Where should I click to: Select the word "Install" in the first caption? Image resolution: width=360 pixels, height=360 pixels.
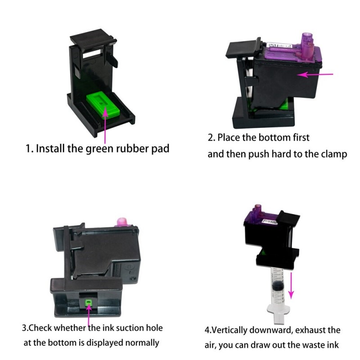click(50, 148)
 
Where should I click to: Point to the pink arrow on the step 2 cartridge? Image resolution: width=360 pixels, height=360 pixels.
click(315, 74)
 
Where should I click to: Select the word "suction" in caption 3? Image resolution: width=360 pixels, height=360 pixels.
click(128, 328)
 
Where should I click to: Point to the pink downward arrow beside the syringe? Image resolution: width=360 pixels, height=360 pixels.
click(291, 285)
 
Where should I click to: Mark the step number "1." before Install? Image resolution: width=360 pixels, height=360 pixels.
click(29, 148)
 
